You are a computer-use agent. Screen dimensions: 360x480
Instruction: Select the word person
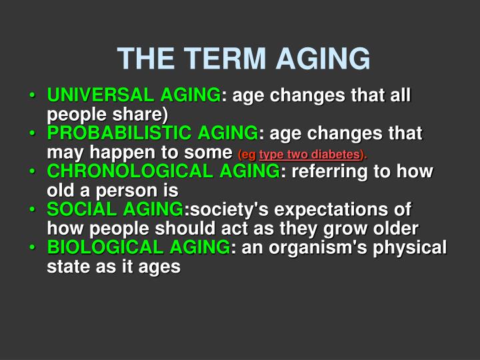pos(115,191)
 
